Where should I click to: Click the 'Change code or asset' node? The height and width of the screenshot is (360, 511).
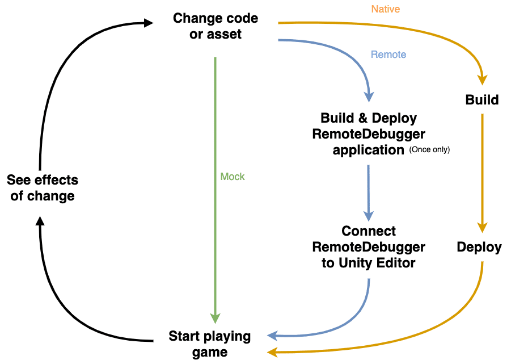(x=215, y=26)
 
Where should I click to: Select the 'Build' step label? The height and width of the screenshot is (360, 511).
(x=482, y=100)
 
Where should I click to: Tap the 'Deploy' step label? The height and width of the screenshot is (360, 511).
(x=479, y=247)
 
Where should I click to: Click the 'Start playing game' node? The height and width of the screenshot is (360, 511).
(x=209, y=344)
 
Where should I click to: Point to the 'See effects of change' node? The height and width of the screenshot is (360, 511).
(x=43, y=188)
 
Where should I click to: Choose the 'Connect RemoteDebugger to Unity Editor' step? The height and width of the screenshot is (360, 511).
(x=369, y=247)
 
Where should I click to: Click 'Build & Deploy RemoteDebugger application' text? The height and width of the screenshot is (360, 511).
(x=369, y=134)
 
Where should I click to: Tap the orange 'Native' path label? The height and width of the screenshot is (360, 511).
(x=386, y=9)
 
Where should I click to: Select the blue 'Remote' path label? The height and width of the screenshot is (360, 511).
(x=388, y=55)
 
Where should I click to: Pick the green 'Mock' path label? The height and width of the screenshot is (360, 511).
(x=233, y=177)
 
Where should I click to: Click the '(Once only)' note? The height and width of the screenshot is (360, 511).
(x=429, y=150)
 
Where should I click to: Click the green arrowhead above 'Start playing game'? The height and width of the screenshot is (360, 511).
(x=216, y=319)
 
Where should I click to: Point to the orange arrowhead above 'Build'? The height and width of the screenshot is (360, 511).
(x=482, y=80)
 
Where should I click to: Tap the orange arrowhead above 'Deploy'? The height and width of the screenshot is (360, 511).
(x=482, y=227)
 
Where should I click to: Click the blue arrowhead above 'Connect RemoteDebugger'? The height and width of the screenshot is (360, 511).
(x=369, y=216)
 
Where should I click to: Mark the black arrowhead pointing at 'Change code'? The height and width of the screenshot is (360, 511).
(x=148, y=23)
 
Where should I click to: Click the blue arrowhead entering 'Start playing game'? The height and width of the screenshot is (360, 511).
(x=272, y=336)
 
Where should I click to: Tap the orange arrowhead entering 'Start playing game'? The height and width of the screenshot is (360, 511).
(x=273, y=352)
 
